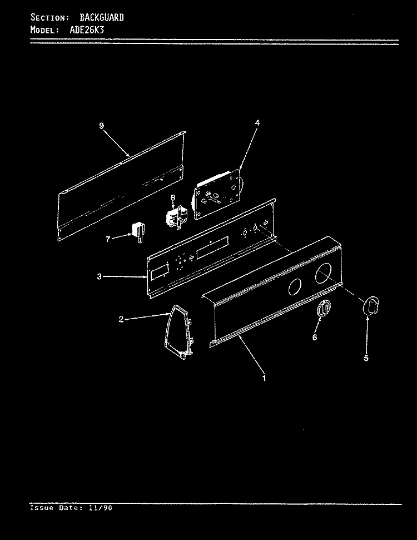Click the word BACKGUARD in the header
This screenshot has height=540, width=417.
point(102,17)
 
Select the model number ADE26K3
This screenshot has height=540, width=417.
point(87,29)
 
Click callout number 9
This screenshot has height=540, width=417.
point(101,126)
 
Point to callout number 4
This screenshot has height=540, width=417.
point(257,122)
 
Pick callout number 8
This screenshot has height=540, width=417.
point(173,197)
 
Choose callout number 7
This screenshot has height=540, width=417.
point(108,239)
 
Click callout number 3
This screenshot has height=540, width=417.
point(99,276)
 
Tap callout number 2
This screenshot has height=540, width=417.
point(121,319)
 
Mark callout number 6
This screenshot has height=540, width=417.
point(314,337)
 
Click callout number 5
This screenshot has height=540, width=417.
point(366,358)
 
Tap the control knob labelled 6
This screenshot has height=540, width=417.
point(324,308)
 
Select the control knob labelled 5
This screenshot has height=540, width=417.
point(371,305)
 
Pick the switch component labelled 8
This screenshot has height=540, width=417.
point(177,216)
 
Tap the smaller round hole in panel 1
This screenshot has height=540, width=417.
point(295,286)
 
